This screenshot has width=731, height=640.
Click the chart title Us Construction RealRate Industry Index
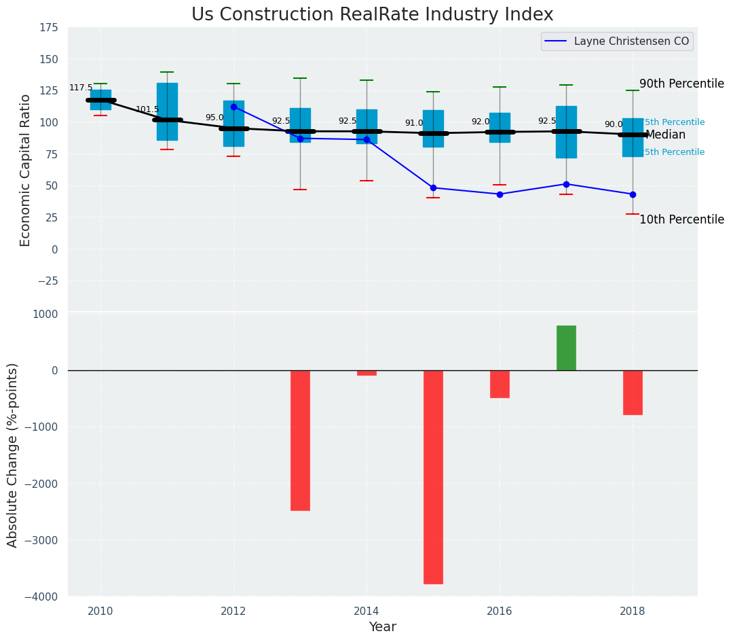pyautogui.click(x=372, y=15)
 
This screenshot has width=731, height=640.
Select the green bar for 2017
pyautogui.click(x=566, y=348)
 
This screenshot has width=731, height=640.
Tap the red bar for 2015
pyautogui.click(x=433, y=477)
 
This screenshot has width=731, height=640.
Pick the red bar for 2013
pyautogui.click(x=300, y=440)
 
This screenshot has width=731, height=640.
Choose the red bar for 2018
pyautogui.click(x=633, y=392)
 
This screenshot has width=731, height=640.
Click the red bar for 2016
pyautogui.click(x=500, y=384)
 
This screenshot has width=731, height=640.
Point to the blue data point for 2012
pyautogui.click(x=233, y=107)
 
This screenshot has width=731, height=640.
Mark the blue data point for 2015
pyautogui.click(x=433, y=188)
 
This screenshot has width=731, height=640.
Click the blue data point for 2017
pyautogui.click(x=566, y=184)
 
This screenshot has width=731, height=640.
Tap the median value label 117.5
pyautogui.click(x=81, y=88)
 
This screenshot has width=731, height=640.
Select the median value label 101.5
pyautogui.click(x=147, y=110)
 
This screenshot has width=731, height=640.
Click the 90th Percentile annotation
pyautogui.click(x=681, y=84)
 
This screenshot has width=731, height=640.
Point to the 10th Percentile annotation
pyautogui.click(x=681, y=219)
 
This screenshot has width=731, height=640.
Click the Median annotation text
pyautogui.click(x=665, y=135)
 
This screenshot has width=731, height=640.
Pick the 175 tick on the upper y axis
pyautogui.click(x=49, y=29)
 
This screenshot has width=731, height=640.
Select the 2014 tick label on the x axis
pyautogui.click(x=367, y=611)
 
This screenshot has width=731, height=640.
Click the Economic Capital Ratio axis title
pyautogui.click(x=25, y=170)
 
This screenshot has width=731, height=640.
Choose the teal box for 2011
pyautogui.click(x=167, y=111)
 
